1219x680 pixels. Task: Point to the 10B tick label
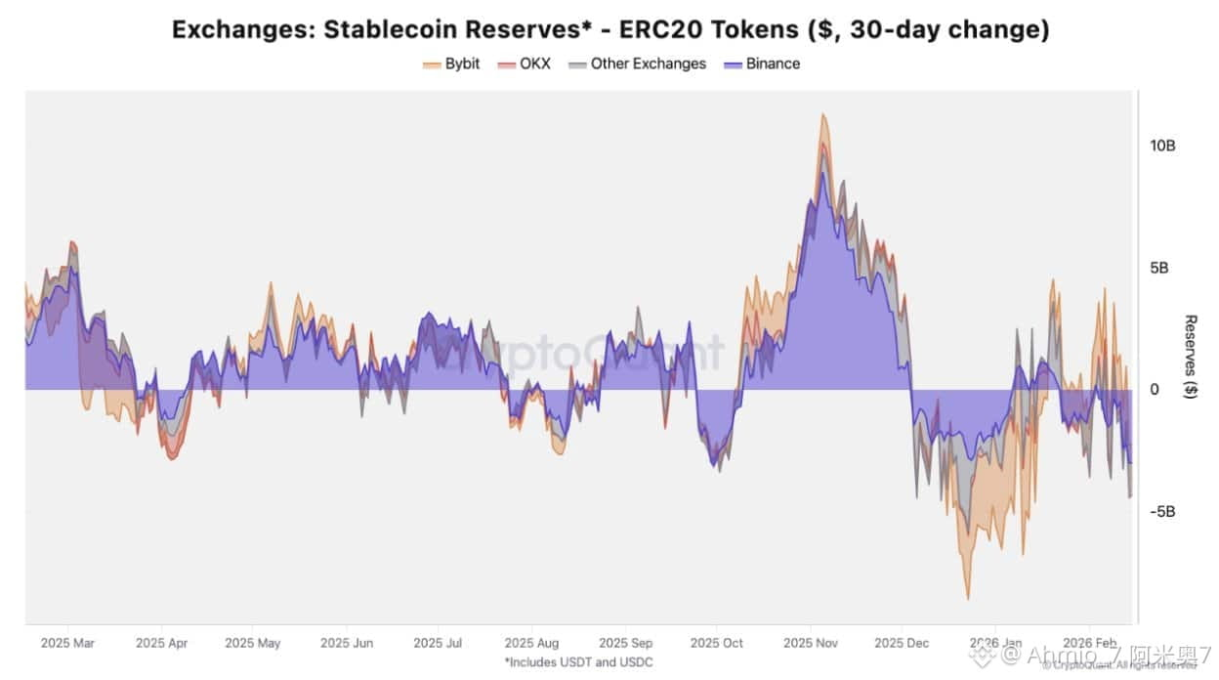click(x=1162, y=146)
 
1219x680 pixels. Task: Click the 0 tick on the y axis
click(x=1155, y=390)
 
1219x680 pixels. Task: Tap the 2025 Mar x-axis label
click(x=67, y=643)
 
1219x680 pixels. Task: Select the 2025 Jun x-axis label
click(x=347, y=643)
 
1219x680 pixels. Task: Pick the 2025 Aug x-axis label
click(x=531, y=643)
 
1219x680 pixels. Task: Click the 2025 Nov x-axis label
click(x=812, y=643)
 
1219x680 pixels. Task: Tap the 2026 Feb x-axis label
click(x=1089, y=643)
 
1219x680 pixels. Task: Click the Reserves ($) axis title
click(x=1191, y=357)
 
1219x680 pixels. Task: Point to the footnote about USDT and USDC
click(x=578, y=661)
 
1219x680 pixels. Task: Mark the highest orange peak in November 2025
click(x=823, y=114)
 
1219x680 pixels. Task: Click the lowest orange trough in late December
click(x=968, y=598)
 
